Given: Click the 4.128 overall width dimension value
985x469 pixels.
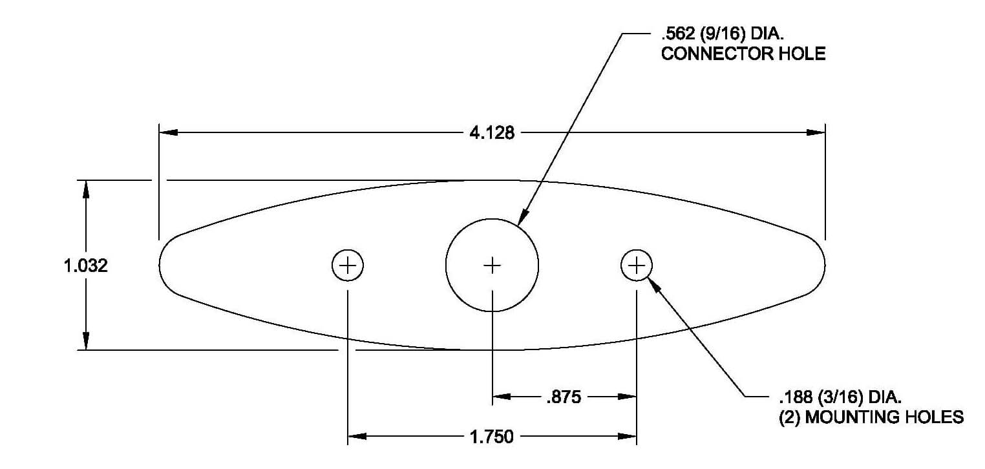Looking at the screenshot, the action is (492, 132).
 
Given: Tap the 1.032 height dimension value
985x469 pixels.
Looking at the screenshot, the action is (86, 266).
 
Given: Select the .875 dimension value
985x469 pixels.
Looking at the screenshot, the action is (564, 397).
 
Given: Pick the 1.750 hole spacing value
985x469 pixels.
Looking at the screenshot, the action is (492, 437).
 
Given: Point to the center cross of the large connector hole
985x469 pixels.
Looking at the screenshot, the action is (492, 266).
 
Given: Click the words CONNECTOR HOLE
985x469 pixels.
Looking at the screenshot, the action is (743, 54).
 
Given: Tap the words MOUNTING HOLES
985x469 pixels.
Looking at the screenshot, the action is (884, 417).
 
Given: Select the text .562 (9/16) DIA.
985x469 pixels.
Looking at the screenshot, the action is (723, 34).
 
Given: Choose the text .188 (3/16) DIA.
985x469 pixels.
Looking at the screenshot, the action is (840, 397).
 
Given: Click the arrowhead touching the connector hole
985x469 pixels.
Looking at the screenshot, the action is (523, 218).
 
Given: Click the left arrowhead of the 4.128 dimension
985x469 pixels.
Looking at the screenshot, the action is (169, 132).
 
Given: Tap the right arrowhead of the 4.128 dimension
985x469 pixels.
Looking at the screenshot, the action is (816, 132).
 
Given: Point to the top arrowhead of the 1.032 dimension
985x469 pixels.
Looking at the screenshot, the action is (86, 189).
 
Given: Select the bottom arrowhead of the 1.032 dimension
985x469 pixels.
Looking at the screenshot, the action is (86, 340).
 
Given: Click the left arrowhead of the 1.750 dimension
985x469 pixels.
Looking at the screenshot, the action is (357, 437).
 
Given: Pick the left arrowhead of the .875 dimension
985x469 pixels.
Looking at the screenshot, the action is (502, 397).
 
